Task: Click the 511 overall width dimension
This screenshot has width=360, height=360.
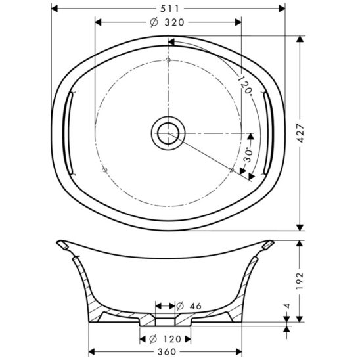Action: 169,7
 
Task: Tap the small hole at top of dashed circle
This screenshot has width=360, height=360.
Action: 169,60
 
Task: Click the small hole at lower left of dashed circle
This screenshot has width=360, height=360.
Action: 105,169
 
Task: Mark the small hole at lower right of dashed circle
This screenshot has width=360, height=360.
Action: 232,169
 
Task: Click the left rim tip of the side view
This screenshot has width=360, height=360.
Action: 61,244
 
